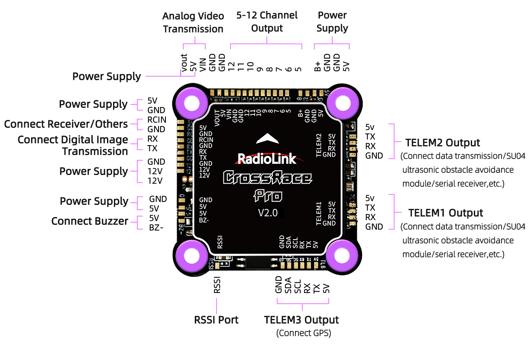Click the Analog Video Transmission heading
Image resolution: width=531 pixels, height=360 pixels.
click(193, 23)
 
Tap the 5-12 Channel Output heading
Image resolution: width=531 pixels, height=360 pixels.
click(267, 22)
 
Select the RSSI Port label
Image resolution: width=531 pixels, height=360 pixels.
click(216, 320)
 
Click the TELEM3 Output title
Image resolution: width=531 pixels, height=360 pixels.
click(301, 320)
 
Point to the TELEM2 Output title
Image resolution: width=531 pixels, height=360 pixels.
click(443, 143)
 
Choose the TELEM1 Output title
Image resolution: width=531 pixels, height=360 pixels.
click(446, 213)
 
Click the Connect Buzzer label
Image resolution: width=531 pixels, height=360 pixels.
click(90, 221)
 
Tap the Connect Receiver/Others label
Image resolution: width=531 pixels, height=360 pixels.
click(66, 124)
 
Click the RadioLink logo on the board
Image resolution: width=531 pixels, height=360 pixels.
click(267, 159)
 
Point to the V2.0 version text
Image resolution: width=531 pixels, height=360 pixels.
click(268, 213)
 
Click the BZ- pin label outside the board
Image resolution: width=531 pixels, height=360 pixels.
click(156, 227)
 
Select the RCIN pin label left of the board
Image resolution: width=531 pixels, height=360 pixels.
click(156, 120)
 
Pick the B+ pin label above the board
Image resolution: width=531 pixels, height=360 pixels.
click(317, 66)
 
